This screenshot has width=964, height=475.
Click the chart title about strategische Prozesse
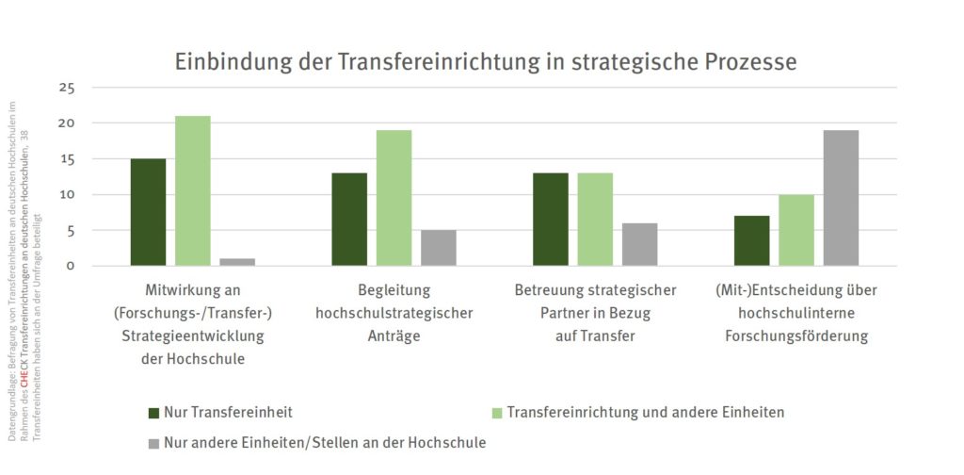coord(486,62)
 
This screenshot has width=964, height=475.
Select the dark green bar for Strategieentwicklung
coord(148,212)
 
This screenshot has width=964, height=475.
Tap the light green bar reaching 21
coord(193,191)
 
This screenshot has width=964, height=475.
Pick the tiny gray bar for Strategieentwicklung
coord(237,262)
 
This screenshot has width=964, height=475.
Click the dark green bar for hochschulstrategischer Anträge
coord(349,220)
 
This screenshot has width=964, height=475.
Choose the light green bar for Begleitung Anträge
coord(394,198)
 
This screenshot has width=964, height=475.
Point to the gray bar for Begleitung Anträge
coord(439,248)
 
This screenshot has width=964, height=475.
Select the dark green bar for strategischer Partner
coord(551,220)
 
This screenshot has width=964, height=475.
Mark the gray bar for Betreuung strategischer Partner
coord(640,244)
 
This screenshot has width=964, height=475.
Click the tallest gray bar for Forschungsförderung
coord(841,198)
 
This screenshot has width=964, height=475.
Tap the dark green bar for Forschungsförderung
coord(751,240)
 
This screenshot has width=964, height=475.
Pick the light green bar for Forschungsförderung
coord(796,230)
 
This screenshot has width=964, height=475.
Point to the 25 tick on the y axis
coord(66,88)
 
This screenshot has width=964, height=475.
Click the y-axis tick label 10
coord(66,194)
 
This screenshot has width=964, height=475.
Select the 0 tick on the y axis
coord(70,266)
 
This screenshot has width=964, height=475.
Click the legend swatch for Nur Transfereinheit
coord(153,413)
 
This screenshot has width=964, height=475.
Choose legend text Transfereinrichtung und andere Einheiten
coord(645,412)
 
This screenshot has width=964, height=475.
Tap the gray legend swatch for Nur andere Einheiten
coord(153,442)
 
